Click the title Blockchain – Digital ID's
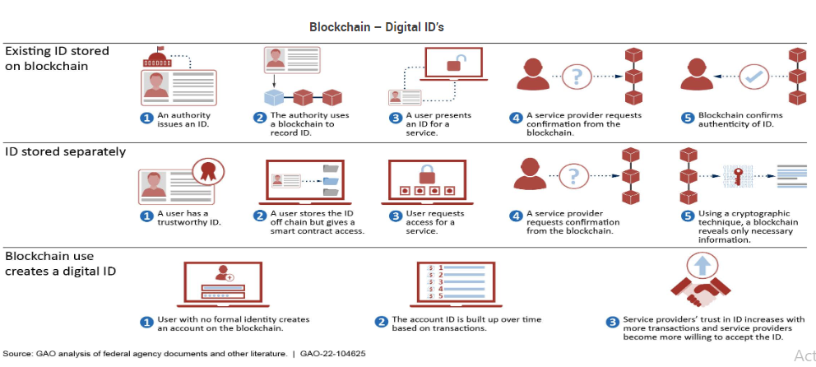click(377, 27)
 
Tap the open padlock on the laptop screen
click(453, 63)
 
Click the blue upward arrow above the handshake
click(702, 264)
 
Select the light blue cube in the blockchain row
click(278, 98)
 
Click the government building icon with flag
click(156, 58)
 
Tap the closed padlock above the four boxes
click(427, 174)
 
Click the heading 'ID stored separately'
click(66, 151)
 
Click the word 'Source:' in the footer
click(18, 354)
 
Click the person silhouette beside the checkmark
click(697, 75)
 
